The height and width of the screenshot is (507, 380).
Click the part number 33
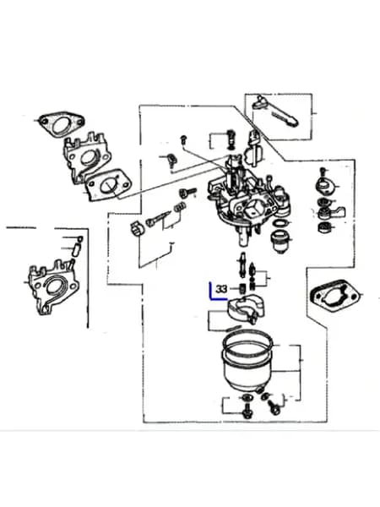point(221,289)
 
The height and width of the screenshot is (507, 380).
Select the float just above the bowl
point(246,308)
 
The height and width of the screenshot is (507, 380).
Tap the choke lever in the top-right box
point(275,111)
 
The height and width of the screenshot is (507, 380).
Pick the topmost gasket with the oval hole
point(61,124)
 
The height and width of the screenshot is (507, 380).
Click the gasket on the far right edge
point(335,295)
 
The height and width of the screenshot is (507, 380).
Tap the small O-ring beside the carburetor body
point(282,223)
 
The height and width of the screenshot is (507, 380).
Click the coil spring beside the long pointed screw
point(180,207)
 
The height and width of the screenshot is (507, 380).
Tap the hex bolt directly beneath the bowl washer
point(247,411)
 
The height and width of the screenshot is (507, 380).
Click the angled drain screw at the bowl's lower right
point(274,406)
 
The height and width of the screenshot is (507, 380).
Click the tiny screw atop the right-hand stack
point(323,172)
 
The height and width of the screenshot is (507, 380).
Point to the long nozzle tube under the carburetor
point(242,264)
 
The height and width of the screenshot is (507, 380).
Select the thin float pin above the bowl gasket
point(233,329)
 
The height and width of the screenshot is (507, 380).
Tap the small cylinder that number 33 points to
point(242,288)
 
